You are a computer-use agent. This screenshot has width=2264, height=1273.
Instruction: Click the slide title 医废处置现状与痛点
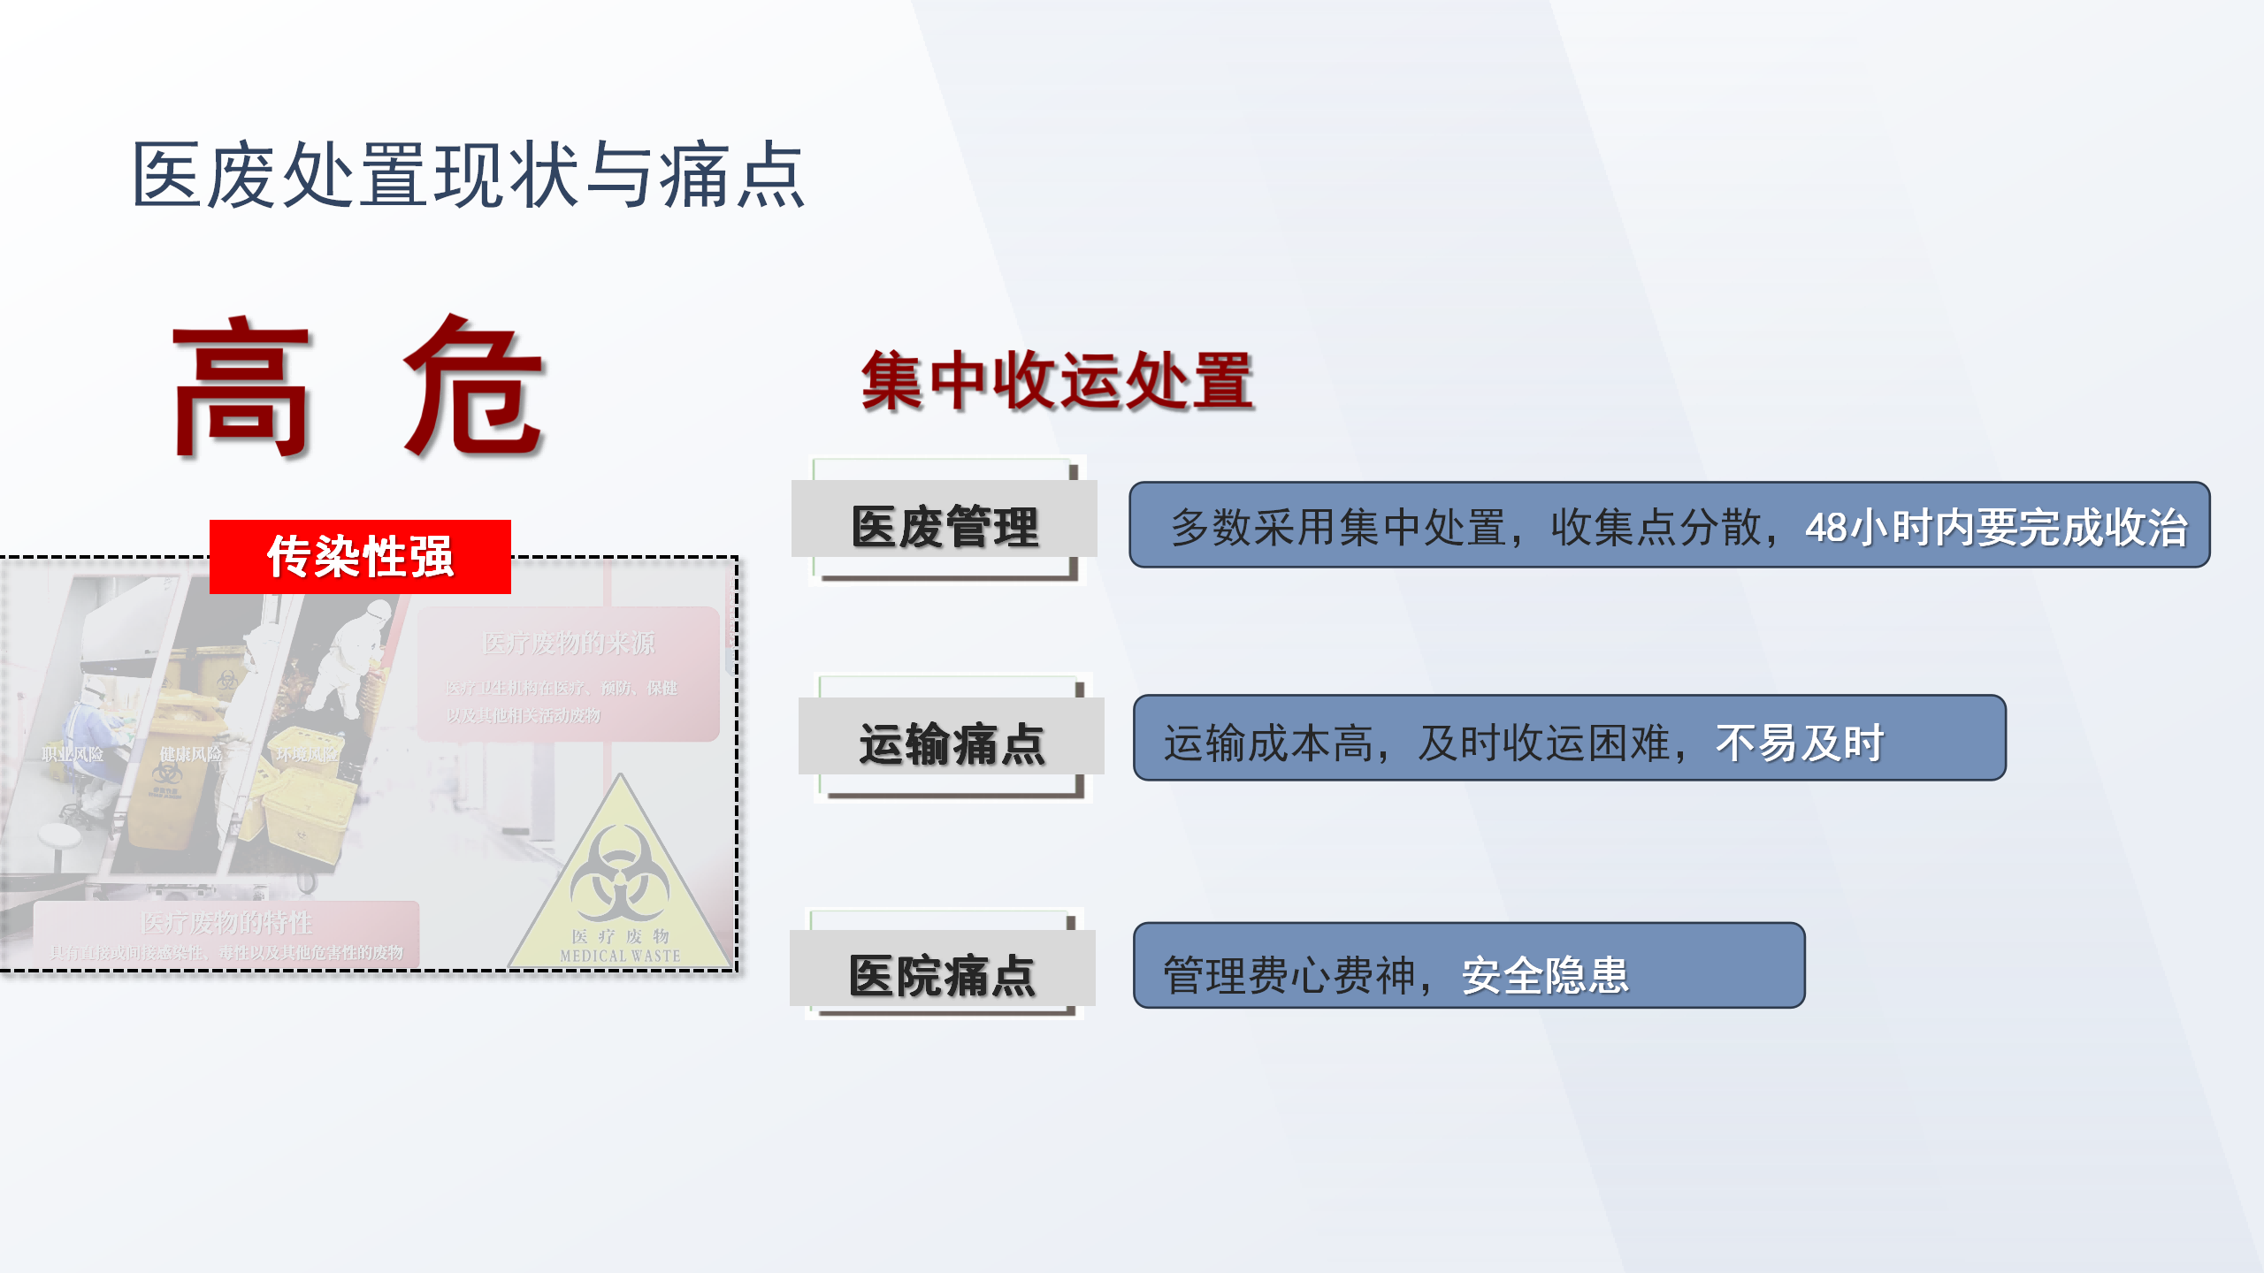(x=469, y=175)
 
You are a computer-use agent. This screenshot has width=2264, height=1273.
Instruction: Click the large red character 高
(x=241, y=389)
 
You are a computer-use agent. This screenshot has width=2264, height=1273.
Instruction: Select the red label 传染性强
(x=360, y=557)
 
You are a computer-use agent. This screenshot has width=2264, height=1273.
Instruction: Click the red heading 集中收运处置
(x=1058, y=381)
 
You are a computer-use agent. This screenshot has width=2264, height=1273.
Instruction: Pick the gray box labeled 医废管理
(x=945, y=527)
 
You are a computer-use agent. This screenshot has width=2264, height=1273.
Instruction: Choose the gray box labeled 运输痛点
(x=952, y=743)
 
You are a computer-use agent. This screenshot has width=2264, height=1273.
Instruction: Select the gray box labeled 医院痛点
(x=943, y=976)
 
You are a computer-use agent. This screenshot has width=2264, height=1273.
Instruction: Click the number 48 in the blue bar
(x=1826, y=528)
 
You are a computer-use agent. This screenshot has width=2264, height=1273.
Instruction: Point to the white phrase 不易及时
(x=1800, y=743)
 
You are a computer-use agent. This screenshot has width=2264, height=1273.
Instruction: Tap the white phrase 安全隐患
(x=1545, y=976)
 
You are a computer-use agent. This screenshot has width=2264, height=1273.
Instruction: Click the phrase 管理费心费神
(x=1289, y=976)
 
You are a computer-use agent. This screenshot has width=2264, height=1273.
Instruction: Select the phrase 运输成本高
(x=1268, y=743)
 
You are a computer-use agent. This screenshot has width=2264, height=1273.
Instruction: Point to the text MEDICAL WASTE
(x=621, y=956)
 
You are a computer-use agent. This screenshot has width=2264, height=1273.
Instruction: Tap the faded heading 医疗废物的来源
(x=570, y=643)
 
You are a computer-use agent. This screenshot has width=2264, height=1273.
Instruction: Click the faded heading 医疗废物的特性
(x=226, y=923)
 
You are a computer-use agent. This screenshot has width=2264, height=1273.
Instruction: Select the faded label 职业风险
(x=73, y=754)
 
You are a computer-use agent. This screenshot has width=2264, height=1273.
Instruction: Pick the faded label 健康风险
(x=190, y=754)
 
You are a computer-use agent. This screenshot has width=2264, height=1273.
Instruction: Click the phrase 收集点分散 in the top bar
(x=1656, y=528)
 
